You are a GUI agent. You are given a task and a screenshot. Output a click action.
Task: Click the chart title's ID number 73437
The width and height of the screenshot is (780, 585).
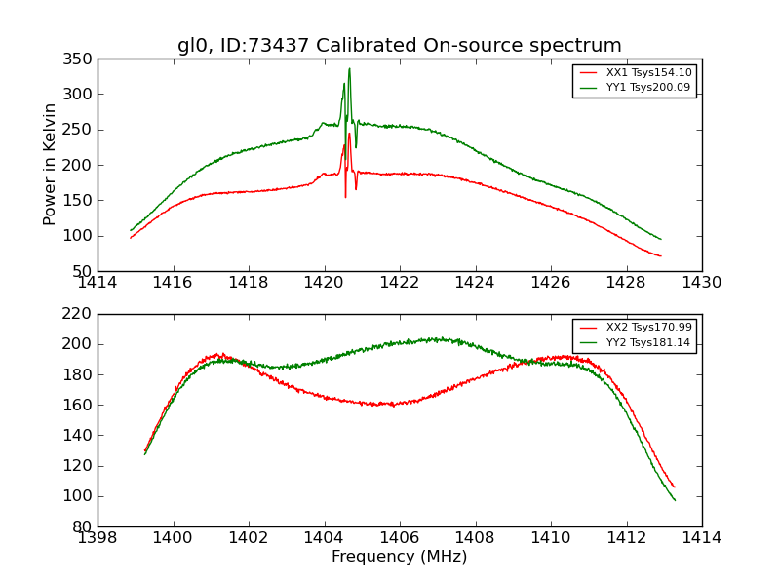pos(279,46)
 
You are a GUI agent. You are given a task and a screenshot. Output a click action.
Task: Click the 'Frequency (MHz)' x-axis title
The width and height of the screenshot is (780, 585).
pos(399,557)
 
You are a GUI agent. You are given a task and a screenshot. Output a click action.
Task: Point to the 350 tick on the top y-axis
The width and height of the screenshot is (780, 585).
pos(80,58)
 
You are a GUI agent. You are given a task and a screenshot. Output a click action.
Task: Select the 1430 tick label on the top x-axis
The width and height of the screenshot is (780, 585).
pos(701,283)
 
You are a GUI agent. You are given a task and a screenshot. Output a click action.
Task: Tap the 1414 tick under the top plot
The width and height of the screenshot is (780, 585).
pos(97,283)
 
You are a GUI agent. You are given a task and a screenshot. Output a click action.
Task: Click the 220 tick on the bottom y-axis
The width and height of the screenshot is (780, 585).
pos(80,314)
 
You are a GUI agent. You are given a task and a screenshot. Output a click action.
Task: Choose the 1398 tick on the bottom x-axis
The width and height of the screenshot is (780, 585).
pos(97,538)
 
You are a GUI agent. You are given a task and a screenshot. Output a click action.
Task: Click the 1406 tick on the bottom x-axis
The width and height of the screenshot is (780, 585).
pos(399,538)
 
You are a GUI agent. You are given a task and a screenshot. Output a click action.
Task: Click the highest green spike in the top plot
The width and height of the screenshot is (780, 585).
pos(349,68)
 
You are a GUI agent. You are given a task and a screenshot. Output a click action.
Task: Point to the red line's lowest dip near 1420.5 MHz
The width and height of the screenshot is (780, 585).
pos(345,197)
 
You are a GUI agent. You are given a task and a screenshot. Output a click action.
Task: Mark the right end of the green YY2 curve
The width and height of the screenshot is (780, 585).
pos(675,500)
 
